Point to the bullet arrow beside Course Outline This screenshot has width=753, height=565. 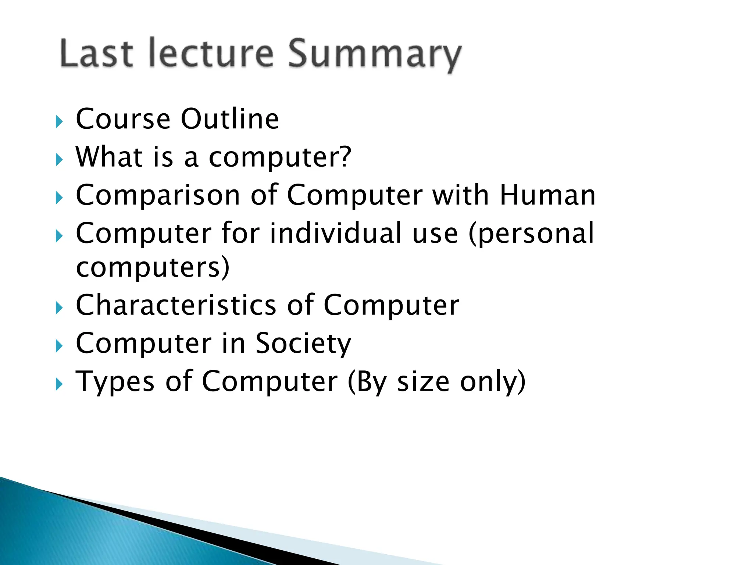click(x=59, y=121)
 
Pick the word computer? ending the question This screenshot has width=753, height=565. click(x=280, y=157)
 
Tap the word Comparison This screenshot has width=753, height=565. click(x=158, y=195)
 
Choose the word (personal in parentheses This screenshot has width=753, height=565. click(x=531, y=234)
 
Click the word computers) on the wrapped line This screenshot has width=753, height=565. click(x=153, y=267)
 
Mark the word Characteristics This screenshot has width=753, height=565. click(x=176, y=305)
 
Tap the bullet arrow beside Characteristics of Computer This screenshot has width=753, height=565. click(x=59, y=308)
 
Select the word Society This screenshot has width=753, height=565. click(x=303, y=344)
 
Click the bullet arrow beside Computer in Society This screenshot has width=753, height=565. click(x=59, y=346)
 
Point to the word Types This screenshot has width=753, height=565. click(x=115, y=382)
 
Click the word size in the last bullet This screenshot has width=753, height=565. click(x=423, y=382)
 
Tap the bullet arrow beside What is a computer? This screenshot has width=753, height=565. click(x=59, y=160)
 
